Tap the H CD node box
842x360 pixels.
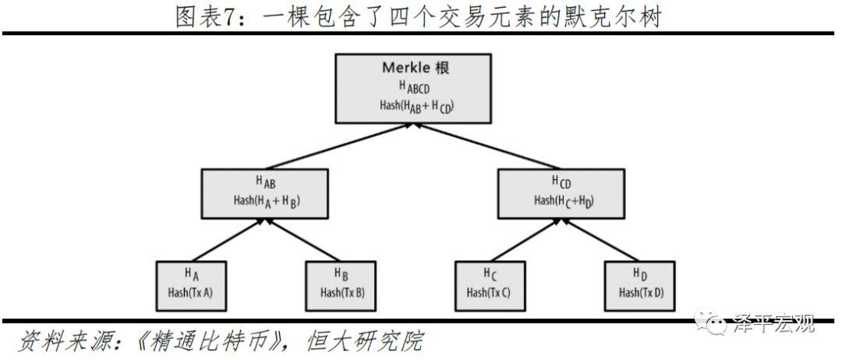click(562, 192)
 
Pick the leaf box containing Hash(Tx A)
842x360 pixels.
click(191, 284)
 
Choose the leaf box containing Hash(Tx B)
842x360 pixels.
click(341, 284)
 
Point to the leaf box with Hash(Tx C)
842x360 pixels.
click(489, 284)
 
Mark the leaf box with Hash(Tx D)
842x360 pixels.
click(640, 284)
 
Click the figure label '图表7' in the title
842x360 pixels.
click(204, 16)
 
